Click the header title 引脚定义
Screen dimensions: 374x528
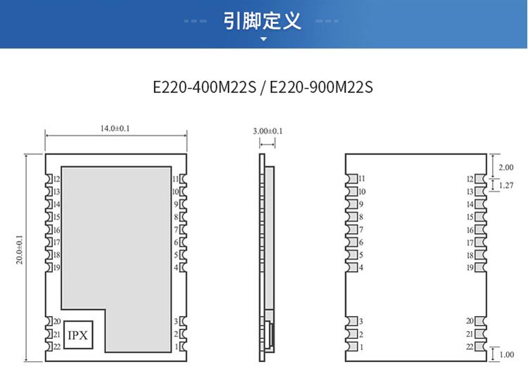click(x=263, y=20)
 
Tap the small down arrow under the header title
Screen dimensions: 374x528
click(x=264, y=39)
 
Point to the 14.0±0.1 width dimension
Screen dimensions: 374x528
click(x=115, y=129)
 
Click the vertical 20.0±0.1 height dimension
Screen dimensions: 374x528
click(x=19, y=250)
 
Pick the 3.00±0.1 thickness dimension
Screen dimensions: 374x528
click(x=268, y=131)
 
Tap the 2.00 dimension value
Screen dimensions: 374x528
click(x=505, y=168)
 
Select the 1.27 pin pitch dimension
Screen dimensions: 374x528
click(x=505, y=185)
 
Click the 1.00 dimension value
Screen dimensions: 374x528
click(x=505, y=354)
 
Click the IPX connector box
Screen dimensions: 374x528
click(x=77, y=335)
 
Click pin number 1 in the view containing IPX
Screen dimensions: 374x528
click(x=176, y=347)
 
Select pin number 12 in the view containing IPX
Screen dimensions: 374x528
click(x=57, y=180)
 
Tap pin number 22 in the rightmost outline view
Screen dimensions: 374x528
click(x=470, y=347)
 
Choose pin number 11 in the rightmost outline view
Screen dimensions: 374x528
click(x=362, y=179)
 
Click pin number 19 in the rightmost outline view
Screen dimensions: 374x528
click(x=470, y=267)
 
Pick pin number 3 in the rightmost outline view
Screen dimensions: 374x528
click(x=360, y=321)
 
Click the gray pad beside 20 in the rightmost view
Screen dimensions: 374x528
click(x=481, y=321)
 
